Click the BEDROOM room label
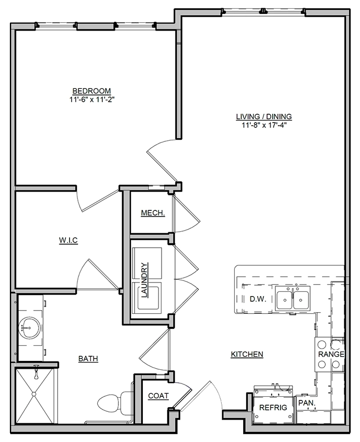[x=91, y=91]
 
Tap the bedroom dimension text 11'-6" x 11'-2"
[x=92, y=99]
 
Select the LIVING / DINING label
[x=264, y=116]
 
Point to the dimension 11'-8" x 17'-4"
[x=264, y=125]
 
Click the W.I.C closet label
[x=68, y=240]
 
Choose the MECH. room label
[x=153, y=213]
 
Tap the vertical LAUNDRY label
[x=144, y=280]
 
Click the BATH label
[x=88, y=358]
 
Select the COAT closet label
[x=158, y=396]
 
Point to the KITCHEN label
[x=247, y=354]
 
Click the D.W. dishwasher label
[x=258, y=299]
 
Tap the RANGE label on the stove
[x=331, y=354]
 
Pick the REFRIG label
[x=273, y=407]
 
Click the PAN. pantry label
[x=307, y=403]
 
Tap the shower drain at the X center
[x=34, y=394]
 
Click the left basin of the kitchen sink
[x=285, y=300]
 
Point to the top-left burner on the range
[x=322, y=344]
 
